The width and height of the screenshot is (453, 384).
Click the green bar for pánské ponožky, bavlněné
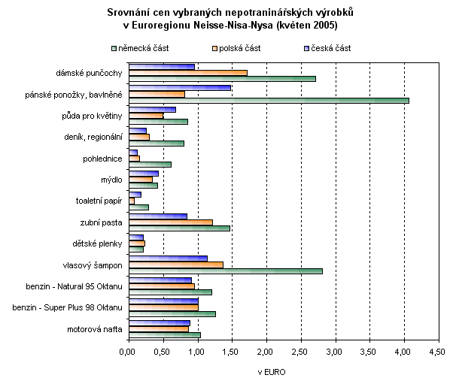click(x=268, y=100)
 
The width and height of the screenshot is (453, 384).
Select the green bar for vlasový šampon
click(x=225, y=271)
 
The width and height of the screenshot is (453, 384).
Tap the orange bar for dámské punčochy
click(x=187, y=72)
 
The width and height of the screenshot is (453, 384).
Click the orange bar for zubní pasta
click(x=170, y=222)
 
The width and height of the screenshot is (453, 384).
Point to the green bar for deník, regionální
click(x=156, y=143)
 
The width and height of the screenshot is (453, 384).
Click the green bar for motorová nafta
click(x=164, y=335)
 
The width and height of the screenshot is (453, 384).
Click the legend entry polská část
click(x=239, y=48)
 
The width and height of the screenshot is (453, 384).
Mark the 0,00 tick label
click(x=129, y=351)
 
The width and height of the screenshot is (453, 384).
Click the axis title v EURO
click(x=271, y=371)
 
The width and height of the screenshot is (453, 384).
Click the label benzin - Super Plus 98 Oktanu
click(x=74, y=307)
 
